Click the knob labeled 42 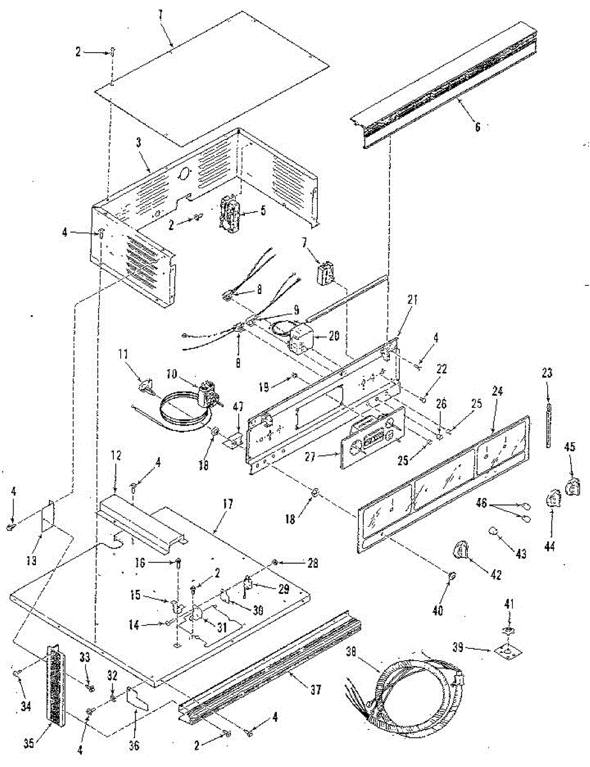462,549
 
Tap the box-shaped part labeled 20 300,336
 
